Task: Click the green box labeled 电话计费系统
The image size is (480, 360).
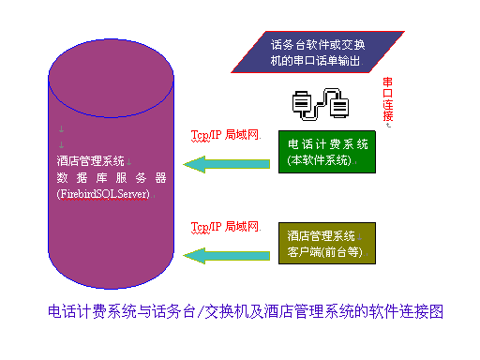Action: [x=328, y=152]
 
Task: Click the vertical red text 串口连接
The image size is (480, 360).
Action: [x=388, y=101]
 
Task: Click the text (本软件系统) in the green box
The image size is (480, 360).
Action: [x=320, y=160]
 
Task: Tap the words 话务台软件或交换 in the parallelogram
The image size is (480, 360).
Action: [x=317, y=44]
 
